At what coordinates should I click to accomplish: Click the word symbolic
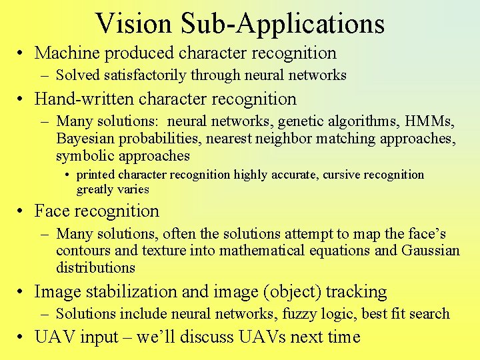point(83,157)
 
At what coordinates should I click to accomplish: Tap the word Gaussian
point(431,251)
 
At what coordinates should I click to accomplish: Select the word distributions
point(95,267)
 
